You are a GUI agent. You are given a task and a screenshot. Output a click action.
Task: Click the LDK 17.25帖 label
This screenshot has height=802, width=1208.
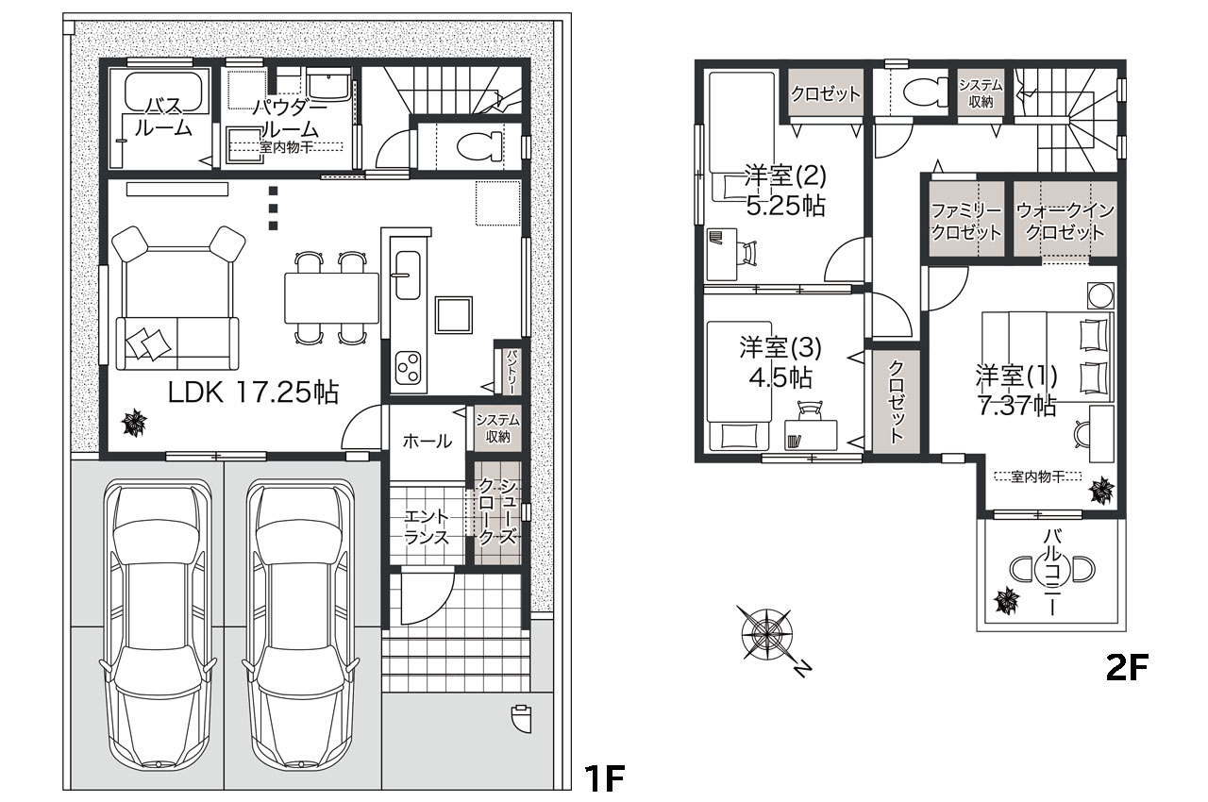253,393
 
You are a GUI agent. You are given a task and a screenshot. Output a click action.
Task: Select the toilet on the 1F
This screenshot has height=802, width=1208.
479,146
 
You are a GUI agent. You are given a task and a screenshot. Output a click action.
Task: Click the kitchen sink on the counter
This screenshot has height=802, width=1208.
409,275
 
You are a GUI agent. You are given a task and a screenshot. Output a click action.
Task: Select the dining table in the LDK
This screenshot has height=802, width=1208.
331,298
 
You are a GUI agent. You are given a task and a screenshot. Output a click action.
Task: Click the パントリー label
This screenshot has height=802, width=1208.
512,371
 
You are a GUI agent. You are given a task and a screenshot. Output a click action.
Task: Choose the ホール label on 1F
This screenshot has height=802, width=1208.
428,442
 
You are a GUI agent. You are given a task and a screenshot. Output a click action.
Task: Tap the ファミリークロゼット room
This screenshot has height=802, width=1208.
965,219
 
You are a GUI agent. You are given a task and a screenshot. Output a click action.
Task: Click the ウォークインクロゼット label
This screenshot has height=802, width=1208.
1065,221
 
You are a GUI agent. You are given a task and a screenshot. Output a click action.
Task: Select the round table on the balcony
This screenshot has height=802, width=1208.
1051,569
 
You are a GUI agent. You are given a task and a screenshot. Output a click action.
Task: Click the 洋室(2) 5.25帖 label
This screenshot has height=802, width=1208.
786,190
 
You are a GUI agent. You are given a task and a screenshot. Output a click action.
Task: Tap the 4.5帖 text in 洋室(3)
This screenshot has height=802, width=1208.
780,377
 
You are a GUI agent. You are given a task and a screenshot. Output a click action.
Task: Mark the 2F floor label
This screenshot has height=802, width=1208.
1127,667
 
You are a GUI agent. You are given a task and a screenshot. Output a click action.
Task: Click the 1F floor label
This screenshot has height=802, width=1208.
605,778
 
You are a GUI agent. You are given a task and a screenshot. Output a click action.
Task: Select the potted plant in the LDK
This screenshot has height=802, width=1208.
133,423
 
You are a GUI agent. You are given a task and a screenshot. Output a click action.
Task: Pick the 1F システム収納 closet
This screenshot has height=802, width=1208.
497,428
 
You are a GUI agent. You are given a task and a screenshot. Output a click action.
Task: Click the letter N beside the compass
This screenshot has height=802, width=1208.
803,669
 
